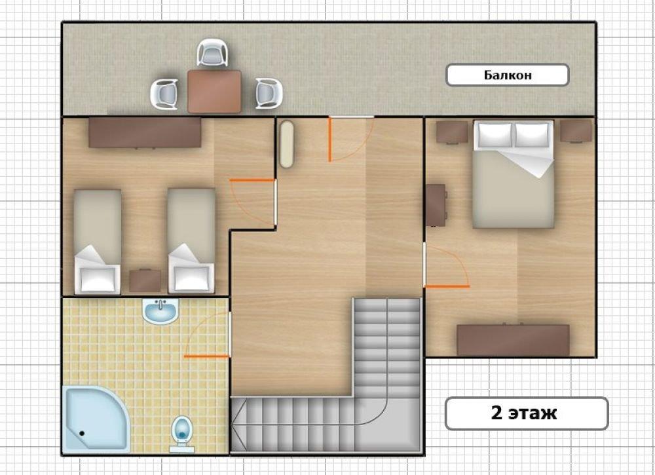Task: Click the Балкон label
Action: pos(508,75)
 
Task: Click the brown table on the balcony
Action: pos(214,92)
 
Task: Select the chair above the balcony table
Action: pos(213,52)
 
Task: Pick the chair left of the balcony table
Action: pos(164,94)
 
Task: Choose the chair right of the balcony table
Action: pos(269,94)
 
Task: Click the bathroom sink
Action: pos(160,311)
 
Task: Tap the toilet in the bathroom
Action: pos(182,433)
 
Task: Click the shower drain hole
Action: pos(82,433)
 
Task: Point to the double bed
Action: pos(514,174)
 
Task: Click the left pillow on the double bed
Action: pos(495,135)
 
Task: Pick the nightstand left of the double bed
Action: pos(452,132)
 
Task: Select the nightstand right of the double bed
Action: pos(576,132)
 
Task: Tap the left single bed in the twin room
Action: pos(98,242)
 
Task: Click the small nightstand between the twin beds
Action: pos(145,280)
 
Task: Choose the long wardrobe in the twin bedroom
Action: pos(145,132)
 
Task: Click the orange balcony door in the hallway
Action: pos(329,140)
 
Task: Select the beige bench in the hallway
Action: pos(287,145)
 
